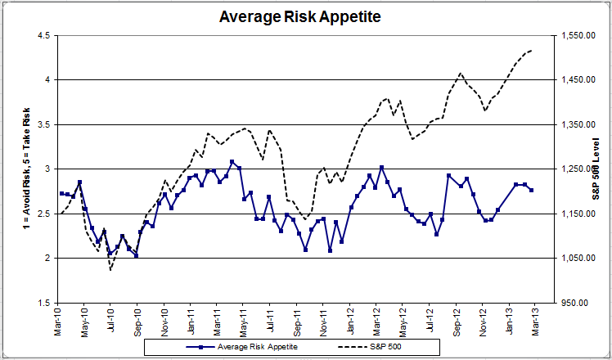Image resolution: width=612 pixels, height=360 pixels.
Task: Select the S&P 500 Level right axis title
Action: (x=596, y=169)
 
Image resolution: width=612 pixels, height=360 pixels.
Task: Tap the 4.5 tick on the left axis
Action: (x=44, y=35)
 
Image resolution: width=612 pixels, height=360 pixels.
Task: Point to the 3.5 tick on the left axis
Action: (x=44, y=124)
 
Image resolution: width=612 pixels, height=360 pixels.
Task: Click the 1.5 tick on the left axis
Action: (x=44, y=303)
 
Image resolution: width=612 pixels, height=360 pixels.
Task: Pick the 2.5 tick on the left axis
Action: (x=44, y=214)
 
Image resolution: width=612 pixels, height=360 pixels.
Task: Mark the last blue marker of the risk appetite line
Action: (x=532, y=190)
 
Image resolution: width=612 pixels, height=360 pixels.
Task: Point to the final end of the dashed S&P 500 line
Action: (x=532, y=50)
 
